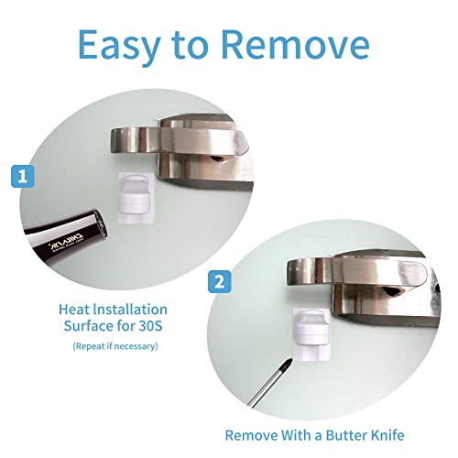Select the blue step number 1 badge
click(x=24, y=176)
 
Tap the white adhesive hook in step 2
click(x=309, y=335)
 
